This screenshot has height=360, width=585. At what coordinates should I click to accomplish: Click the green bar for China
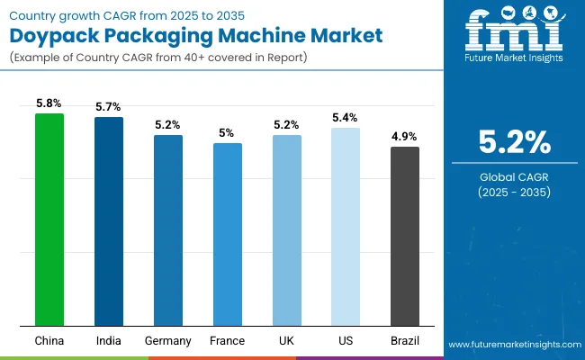[49, 220]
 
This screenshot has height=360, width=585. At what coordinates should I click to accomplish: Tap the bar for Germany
[167, 230]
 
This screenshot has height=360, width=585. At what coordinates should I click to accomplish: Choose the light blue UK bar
[286, 230]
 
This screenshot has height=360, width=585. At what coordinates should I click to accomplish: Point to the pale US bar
[346, 227]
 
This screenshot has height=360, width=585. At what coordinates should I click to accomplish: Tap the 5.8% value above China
[49, 103]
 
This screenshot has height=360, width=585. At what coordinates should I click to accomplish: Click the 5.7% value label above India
[109, 107]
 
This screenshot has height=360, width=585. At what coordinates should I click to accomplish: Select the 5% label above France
[227, 133]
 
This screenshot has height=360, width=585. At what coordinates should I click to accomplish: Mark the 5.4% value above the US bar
[346, 118]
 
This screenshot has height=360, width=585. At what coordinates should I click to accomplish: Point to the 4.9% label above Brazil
[405, 137]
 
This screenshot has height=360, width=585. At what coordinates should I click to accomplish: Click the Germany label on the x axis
[167, 341]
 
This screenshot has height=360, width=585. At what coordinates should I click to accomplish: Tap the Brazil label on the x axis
[405, 341]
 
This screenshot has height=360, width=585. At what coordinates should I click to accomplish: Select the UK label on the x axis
[286, 341]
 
